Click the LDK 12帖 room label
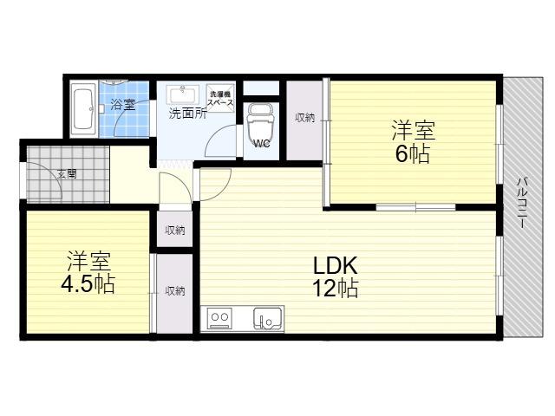tap(335, 276)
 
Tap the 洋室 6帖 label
tap(413, 142)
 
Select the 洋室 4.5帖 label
tap(88, 272)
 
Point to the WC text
tap(262, 143)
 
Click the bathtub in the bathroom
tap(83, 109)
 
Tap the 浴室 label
tap(123, 104)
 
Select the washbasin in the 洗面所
tap(182, 94)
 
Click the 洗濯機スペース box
tap(220, 98)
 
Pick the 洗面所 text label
tap(187, 114)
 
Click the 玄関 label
tap(67, 174)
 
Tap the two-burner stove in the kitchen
tap(219, 318)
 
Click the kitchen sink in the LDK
tap(268, 318)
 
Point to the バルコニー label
tap(521, 203)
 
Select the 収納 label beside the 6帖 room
tap(304, 118)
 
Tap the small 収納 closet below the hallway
tap(174, 230)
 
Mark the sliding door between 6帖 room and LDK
tap(415, 207)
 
